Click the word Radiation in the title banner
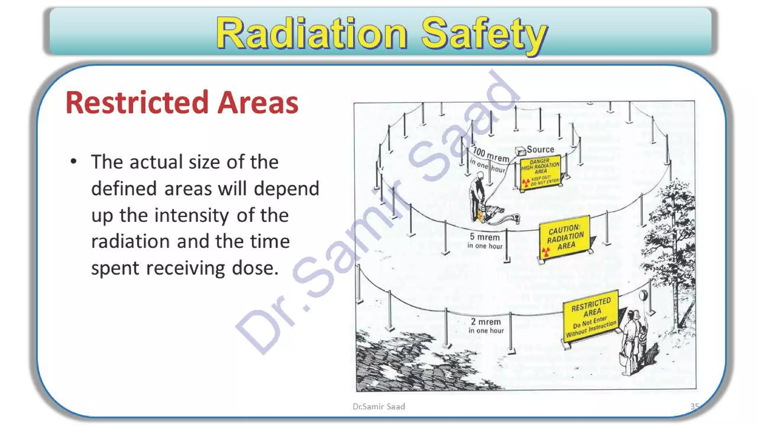pyautogui.click(x=312, y=34)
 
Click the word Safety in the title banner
pyautogui.click(x=484, y=34)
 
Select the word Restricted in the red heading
pyautogui.click(x=137, y=102)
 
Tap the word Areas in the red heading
pyautogui.click(x=258, y=102)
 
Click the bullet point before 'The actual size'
pyautogui.click(x=74, y=162)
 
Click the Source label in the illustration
pyautogui.click(x=540, y=149)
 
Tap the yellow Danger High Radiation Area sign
pyautogui.click(x=540, y=172)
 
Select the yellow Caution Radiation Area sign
pyautogui.click(x=564, y=237)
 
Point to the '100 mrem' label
pyautogui.click(x=490, y=154)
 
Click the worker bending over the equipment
pyautogui.click(x=477, y=198)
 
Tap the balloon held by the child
pyautogui.click(x=643, y=295)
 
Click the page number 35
pyautogui.click(x=694, y=406)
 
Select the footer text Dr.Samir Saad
pyautogui.click(x=378, y=406)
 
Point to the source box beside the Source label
pyautogui.click(x=520, y=151)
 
